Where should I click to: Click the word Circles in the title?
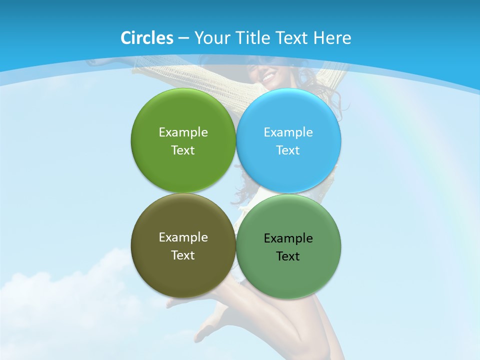tap(146, 38)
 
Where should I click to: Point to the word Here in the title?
tap(332, 38)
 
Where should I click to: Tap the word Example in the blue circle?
tap(288, 132)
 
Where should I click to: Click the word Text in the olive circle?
tap(183, 255)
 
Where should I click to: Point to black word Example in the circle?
tap(288, 238)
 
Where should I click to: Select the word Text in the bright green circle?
tap(183, 150)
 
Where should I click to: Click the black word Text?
tap(288, 256)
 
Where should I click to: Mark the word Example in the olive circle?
tap(183, 237)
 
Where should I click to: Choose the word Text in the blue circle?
tap(288, 150)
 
